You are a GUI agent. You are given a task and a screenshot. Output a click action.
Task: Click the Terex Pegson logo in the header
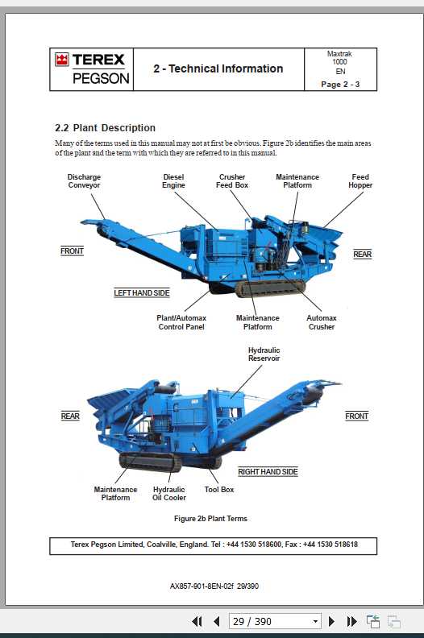[x=90, y=68]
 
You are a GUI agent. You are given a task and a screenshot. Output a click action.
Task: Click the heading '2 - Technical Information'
[x=218, y=69]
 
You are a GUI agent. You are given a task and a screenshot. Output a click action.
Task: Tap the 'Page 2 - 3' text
[x=340, y=84]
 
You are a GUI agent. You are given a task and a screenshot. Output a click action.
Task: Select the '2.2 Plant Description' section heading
[x=105, y=128]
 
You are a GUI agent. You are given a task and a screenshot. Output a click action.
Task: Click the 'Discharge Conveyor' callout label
[x=84, y=181]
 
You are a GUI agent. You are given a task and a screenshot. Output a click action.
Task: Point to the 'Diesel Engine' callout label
[x=173, y=181]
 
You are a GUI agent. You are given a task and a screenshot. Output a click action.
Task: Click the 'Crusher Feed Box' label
[x=232, y=181]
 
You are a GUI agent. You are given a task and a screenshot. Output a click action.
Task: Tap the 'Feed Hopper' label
[x=360, y=181]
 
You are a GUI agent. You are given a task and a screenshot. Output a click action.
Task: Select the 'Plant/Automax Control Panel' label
[x=181, y=322]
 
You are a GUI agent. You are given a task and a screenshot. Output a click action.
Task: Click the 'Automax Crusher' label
[x=322, y=322]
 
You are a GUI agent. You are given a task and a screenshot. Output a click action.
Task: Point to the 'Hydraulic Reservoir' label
[x=264, y=354]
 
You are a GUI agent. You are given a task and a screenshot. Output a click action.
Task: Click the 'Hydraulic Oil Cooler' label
[x=169, y=493]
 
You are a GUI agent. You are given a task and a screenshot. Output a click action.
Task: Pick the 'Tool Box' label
[x=219, y=489]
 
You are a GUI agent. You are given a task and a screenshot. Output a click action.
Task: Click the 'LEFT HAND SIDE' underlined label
[x=142, y=293]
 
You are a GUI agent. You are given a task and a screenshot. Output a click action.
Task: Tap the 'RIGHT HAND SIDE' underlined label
[x=268, y=472]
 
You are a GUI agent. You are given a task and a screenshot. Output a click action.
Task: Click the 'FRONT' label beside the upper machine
[x=72, y=251]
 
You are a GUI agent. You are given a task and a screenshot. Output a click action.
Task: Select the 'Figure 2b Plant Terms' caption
[x=211, y=519]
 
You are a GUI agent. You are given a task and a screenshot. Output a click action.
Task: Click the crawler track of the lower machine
[x=151, y=462]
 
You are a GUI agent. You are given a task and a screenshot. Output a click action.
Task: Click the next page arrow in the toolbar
[x=331, y=621]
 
